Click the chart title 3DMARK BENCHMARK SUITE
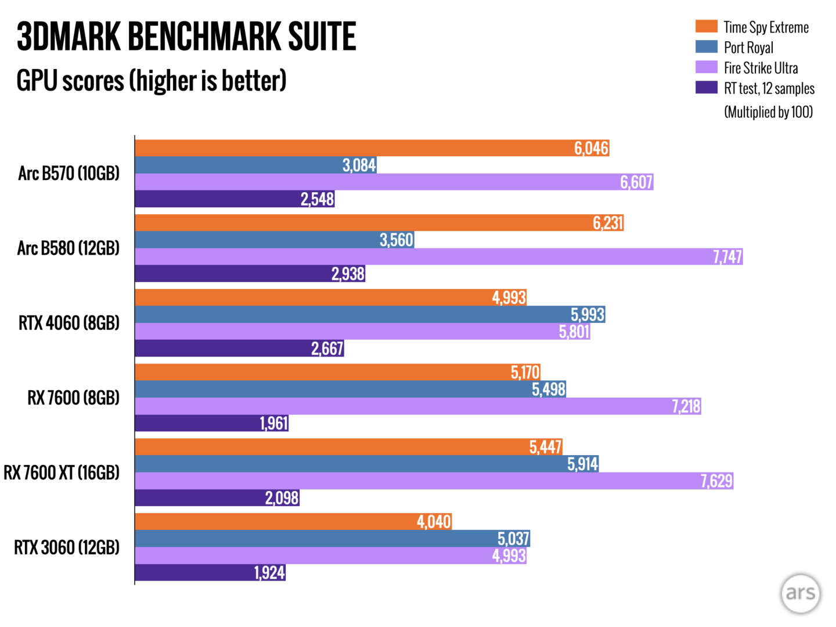point(186,37)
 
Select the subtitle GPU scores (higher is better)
point(152,80)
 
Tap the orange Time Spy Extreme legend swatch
point(706,27)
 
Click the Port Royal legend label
point(748,48)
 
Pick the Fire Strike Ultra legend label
point(761,68)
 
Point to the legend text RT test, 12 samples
point(769,88)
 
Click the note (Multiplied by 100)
point(768,111)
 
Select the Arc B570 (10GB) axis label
point(69,173)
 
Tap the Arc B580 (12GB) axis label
point(68,248)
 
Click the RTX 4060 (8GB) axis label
point(69,323)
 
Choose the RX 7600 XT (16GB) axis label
point(62,473)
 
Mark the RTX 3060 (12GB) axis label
point(67,547)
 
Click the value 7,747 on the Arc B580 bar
point(727,257)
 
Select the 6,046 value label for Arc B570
point(591,148)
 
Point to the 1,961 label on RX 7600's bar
point(273,423)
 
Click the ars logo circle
point(800,593)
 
